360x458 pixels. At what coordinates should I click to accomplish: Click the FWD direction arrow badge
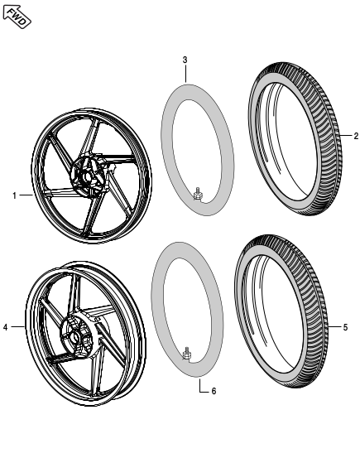17,16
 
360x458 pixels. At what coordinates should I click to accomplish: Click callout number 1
15,195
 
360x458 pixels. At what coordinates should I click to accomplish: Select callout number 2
355,135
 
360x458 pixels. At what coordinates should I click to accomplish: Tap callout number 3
185,60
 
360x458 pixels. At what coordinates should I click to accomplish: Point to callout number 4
6,327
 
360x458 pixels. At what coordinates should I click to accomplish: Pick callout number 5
346,327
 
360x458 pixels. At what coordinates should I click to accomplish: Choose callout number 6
214,390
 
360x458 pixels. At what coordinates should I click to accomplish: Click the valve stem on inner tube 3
198,195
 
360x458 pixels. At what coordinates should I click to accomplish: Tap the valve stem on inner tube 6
187,356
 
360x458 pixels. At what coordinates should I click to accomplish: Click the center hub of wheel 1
85,176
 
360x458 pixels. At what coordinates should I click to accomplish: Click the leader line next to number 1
26,195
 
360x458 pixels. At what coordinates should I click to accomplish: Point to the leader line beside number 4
18,327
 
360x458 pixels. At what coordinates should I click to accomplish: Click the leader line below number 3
185,73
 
